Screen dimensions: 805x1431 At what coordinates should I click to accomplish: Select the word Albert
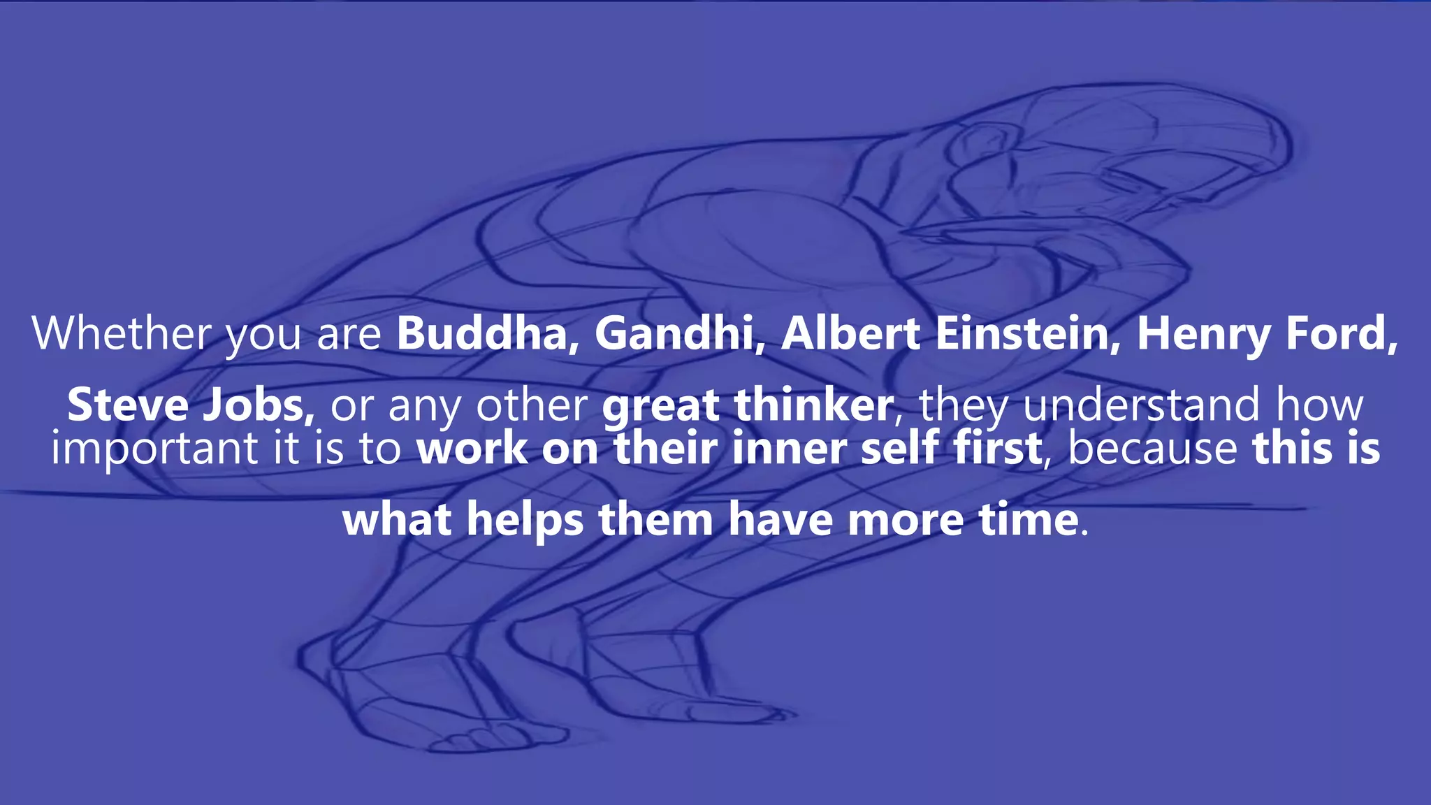850,334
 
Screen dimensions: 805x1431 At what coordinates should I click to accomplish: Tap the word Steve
128,405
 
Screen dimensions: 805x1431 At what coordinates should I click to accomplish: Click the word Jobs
258,405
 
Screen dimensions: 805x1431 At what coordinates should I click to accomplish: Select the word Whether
122,334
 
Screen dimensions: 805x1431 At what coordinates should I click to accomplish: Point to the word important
154,449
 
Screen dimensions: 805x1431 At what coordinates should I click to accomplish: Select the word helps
525,521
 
